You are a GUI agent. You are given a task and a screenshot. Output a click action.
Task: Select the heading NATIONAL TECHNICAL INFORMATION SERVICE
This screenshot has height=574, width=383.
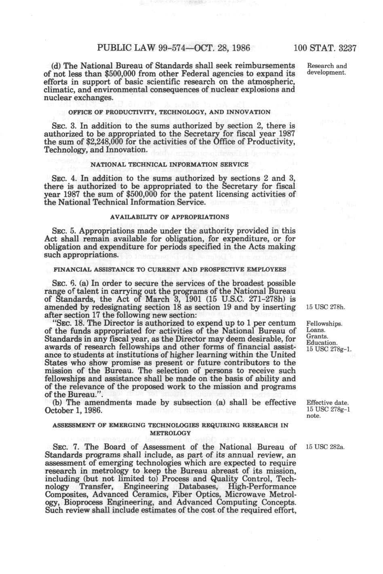click(x=170, y=165)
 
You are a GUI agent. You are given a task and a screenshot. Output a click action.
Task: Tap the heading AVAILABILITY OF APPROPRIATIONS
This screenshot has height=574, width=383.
click(x=170, y=217)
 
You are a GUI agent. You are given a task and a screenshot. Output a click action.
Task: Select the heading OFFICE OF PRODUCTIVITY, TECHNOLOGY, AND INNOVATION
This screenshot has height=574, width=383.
click(x=170, y=112)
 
